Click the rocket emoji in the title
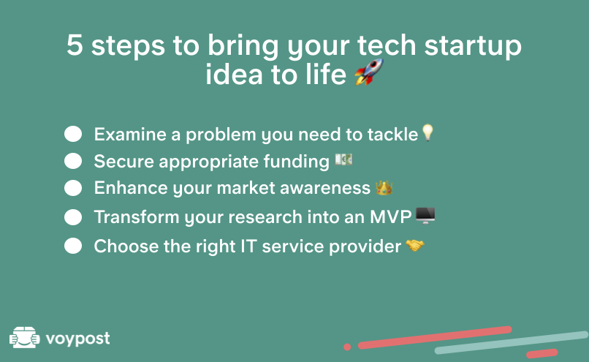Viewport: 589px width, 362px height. [x=369, y=72]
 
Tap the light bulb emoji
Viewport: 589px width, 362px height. [x=427, y=132]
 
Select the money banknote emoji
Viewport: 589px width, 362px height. [x=343, y=159]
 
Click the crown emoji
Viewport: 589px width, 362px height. [x=384, y=187]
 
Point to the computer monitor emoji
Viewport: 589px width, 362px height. [x=425, y=216]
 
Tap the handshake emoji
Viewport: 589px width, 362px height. [x=414, y=246]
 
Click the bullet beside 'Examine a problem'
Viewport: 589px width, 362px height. [x=73, y=134]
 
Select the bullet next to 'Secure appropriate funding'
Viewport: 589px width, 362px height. [x=73, y=161]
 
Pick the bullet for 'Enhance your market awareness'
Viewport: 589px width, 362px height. [x=73, y=188]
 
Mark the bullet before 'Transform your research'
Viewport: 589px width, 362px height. [x=73, y=217]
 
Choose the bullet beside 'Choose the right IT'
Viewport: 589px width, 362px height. [x=73, y=246]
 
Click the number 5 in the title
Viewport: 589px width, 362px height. [x=75, y=45]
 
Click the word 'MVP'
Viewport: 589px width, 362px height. [x=391, y=217]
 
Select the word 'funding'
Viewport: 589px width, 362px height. [x=296, y=162]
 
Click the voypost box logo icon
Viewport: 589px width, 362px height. [x=24, y=337]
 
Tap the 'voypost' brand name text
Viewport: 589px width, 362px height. [x=77, y=339]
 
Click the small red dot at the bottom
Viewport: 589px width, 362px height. [x=347, y=347]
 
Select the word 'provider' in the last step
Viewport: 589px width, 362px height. [x=365, y=246]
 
